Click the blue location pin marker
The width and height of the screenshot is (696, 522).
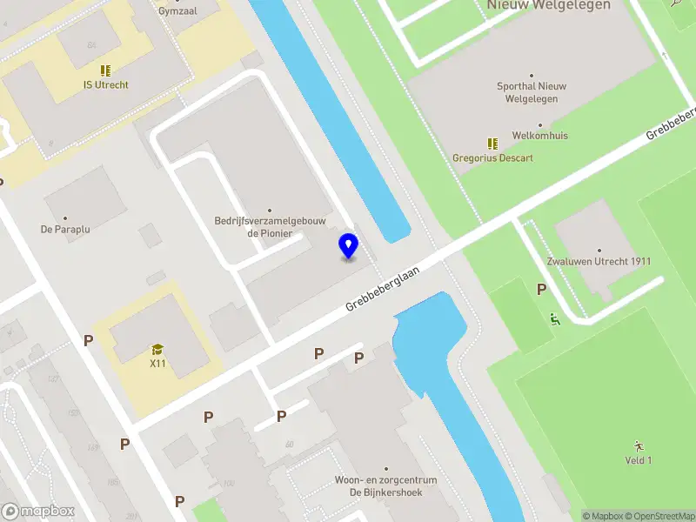coord(348,246)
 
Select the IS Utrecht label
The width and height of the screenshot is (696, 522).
coord(105,85)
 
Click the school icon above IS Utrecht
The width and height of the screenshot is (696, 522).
coord(105,70)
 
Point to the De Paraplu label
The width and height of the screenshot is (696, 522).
coord(65,230)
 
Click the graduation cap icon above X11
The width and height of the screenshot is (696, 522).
coord(157,350)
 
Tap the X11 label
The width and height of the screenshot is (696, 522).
coord(157,364)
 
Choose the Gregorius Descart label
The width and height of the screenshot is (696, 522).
coord(492,158)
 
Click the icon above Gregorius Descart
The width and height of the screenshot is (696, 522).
coord(492,144)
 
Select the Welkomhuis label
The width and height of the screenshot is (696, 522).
coord(539,136)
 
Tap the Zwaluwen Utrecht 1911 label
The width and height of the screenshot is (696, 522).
coord(599,262)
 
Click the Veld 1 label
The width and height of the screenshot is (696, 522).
coord(639,460)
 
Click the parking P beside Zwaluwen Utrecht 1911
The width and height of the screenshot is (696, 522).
coord(541,290)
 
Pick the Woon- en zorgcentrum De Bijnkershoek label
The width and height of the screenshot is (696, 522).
coord(385,486)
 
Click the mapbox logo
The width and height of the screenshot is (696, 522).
coord(39,511)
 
